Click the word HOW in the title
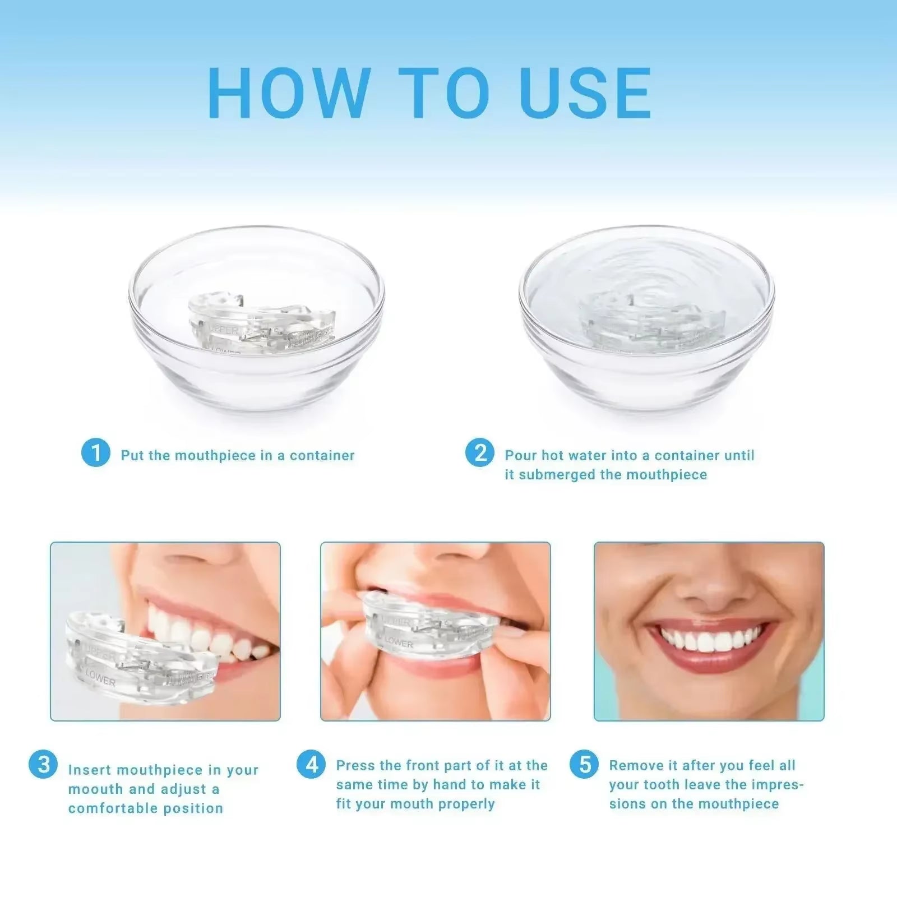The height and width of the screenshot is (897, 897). [289, 94]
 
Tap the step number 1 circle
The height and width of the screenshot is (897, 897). [95, 453]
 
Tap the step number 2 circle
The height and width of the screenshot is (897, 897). [480, 453]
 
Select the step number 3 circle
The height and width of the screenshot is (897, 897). [43, 765]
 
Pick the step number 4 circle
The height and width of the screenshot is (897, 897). [311, 765]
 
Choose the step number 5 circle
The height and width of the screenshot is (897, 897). [585, 765]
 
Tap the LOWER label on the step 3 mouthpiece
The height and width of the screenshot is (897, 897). [101, 679]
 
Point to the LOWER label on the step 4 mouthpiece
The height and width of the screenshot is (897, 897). [399, 642]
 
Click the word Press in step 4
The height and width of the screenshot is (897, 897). [355, 766]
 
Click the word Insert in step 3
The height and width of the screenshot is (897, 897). [90, 770]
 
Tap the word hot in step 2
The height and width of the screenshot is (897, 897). [552, 455]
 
